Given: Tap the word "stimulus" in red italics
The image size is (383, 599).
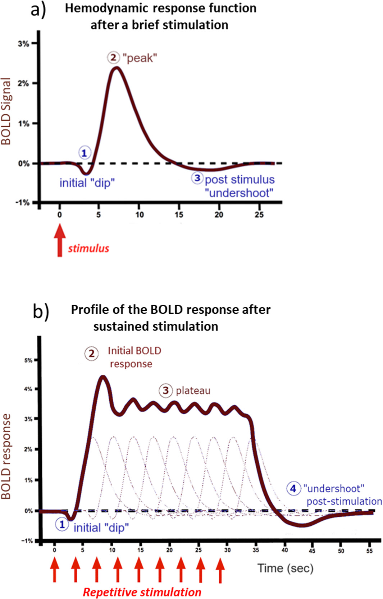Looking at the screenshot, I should point(88,248).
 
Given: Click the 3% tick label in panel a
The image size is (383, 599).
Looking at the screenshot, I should point(23,44).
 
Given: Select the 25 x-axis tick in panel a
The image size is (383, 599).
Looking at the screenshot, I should point(259,215).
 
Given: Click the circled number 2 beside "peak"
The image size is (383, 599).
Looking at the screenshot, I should point(113,57).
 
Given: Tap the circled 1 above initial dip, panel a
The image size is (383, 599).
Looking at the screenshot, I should point(84,153).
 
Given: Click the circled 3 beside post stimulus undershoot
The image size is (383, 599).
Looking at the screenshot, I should point(197,178).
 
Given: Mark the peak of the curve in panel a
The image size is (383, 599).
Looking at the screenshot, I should point(116,68).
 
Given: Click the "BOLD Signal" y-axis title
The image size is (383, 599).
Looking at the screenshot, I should point(6,111).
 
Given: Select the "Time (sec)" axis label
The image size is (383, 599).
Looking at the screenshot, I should point(286,568).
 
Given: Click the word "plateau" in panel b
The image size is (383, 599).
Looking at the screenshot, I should point(193,391).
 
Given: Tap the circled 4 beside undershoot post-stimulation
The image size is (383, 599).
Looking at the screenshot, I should point(293,488).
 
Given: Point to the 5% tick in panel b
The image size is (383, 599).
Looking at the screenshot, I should point(28,360).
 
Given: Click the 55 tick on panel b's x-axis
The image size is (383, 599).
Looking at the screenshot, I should point(369,550).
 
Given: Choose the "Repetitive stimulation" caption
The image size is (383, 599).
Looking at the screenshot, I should point(142,592).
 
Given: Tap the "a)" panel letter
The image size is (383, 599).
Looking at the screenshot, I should point(38,10).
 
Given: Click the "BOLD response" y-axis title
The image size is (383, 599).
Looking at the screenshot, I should point(6,456).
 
